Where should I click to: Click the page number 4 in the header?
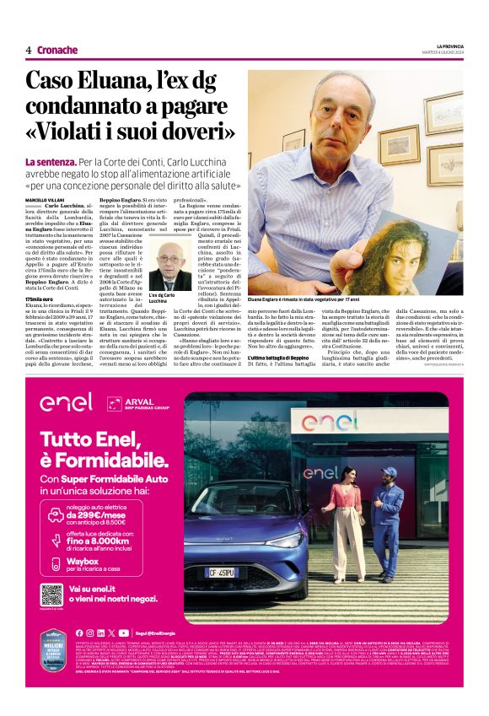[x=28, y=50]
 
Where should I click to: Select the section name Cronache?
[x=58, y=50]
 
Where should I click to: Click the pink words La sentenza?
[x=51, y=160]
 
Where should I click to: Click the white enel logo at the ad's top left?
[x=65, y=401]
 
